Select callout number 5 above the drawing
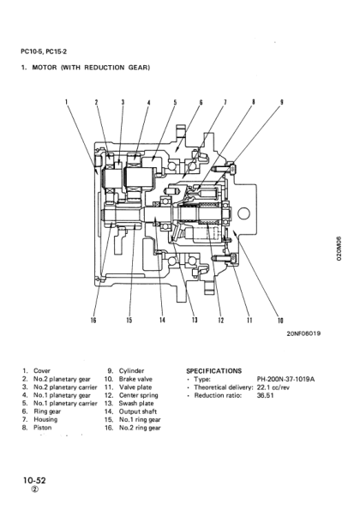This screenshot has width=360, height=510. (175, 102)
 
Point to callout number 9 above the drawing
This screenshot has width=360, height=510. (281, 102)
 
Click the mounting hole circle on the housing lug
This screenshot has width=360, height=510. (243, 212)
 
